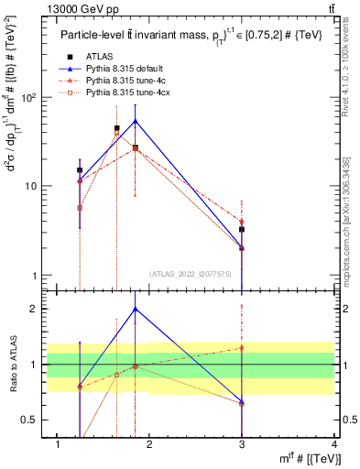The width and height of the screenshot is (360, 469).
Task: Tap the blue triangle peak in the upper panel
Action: click(136, 121)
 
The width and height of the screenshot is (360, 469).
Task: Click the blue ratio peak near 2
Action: click(136, 309)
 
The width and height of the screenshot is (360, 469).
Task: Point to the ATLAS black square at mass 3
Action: click(242, 230)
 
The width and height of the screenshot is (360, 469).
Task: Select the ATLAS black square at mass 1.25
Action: click(80, 170)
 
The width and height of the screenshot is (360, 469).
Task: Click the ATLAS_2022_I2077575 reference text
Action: click(190, 273)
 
